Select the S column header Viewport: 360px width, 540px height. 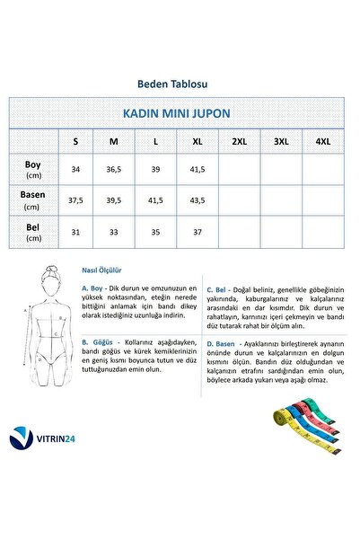(x=75, y=141)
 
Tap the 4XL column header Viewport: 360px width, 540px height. (x=321, y=141)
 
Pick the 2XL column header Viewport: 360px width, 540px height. (x=239, y=141)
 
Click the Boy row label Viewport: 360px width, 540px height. (x=33, y=168)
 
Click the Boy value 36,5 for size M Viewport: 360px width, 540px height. (x=115, y=169)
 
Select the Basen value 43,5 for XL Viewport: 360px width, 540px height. (x=198, y=200)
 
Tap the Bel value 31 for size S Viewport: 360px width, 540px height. (x=75, y=232)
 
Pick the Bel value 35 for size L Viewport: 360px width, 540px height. (x=156, y=232)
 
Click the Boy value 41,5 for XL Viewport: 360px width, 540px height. (x=198, y=169)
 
